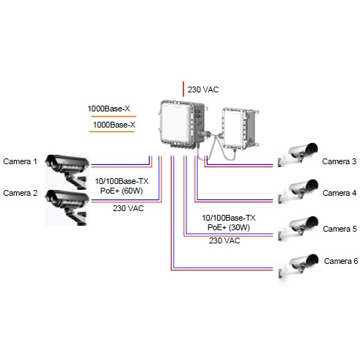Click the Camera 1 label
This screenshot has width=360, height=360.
(x=20, y=161)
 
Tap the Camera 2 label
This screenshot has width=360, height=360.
(x=21, y=193)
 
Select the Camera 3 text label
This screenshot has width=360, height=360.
(x=339, y=161)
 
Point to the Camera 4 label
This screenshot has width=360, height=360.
(x=339, y=193)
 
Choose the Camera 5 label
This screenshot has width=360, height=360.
(x=339, y=229)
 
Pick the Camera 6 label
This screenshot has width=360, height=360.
(x=341, y=261)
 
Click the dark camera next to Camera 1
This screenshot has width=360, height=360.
(x=67, y=171)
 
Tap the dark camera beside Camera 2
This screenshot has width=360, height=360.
(x=67, y=207)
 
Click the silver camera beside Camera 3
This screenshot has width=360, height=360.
(x=298, y=155)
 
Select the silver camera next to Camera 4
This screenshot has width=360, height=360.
(x=298, y=191)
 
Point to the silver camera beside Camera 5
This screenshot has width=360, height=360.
(x=298, y=228)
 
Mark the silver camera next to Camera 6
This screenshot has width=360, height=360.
(x=298, y=266)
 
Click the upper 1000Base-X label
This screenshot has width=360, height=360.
(x=109, y=109)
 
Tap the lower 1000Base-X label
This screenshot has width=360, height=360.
(x=114, y=125)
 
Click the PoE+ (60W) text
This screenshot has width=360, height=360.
(x=122, y=191)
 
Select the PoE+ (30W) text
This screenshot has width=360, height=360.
(x=229, y=227)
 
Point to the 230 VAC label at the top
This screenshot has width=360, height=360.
(x=203, y=89)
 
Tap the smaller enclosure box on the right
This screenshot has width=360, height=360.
(x=240, y=129)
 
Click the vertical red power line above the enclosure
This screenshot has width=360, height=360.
(x=183, y=89)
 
